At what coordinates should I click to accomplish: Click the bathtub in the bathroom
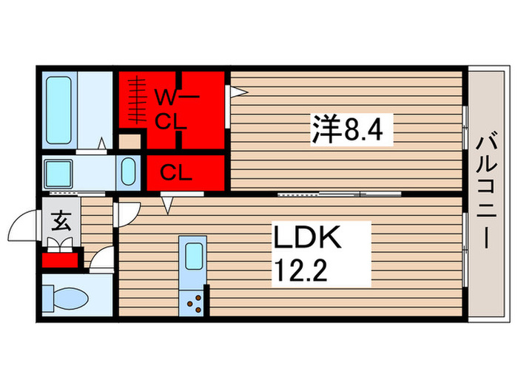(x=58, y=109)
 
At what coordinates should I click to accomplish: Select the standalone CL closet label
(x=177, y=174)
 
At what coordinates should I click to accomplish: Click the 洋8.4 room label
(x=349, y=131)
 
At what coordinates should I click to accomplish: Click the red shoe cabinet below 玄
(x=60, y=259)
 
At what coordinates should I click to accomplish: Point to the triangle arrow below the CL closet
(x=167, y=205)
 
